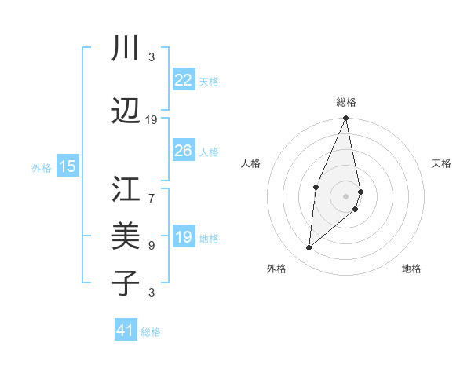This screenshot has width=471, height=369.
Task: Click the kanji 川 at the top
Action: tap(126, 49)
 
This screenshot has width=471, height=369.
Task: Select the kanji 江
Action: tap(126, 190)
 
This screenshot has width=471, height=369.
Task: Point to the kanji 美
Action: tap(126, 236)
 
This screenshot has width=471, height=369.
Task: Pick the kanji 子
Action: tap(126, 283)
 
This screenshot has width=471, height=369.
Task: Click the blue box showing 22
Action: tap(184, 80)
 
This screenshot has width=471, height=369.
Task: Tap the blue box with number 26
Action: tap(184, 151)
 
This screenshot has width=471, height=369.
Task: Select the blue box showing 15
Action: tap(68, 166)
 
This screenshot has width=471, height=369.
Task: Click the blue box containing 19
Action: tap(184, 237)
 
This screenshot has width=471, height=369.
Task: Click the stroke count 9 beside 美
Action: tap(152, 246)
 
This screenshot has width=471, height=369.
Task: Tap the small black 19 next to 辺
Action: tap(152, 120)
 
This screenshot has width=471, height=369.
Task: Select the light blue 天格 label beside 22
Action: tap(209, 81)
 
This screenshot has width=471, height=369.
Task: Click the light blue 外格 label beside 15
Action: tap(42, 167)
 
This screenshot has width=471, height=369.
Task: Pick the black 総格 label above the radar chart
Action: tap(346, 102)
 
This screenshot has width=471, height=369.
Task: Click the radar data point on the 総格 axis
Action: tap(346, 119)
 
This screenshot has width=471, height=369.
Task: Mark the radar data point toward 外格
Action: tap(309, 248)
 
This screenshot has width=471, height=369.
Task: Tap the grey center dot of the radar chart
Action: tap(346, 195)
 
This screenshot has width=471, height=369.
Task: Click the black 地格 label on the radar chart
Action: tap(411, 269)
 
